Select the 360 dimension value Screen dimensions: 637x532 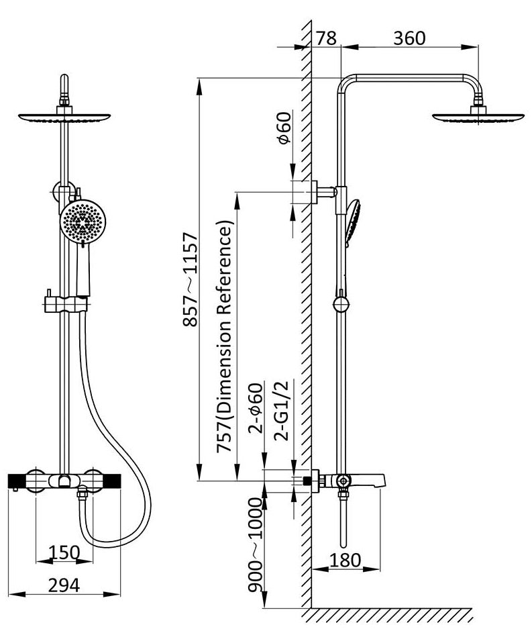click(x=409, y=38)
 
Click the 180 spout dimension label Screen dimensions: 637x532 click(x=345, y=560)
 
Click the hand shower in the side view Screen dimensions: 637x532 click(x=354, y=222)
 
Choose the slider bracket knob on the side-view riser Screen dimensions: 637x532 click(x=341, y=306)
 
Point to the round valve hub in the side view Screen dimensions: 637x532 click(x=343, y=481)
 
